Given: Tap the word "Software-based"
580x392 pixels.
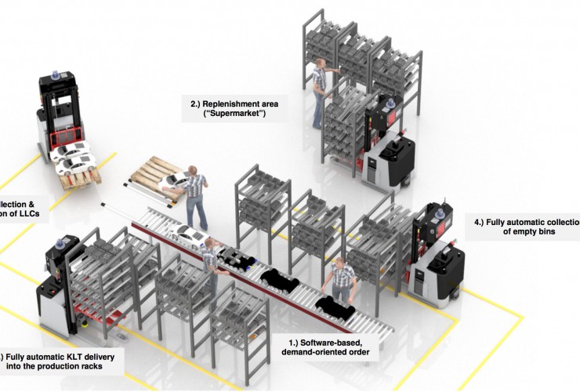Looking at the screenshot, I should coord(324,344).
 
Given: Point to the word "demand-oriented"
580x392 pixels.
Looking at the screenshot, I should coord(317,355).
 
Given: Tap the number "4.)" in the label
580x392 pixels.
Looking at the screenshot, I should coord(478,222).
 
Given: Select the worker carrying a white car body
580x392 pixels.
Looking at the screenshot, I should coord(194,196).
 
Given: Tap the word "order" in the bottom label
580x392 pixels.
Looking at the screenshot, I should coord(366,355).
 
